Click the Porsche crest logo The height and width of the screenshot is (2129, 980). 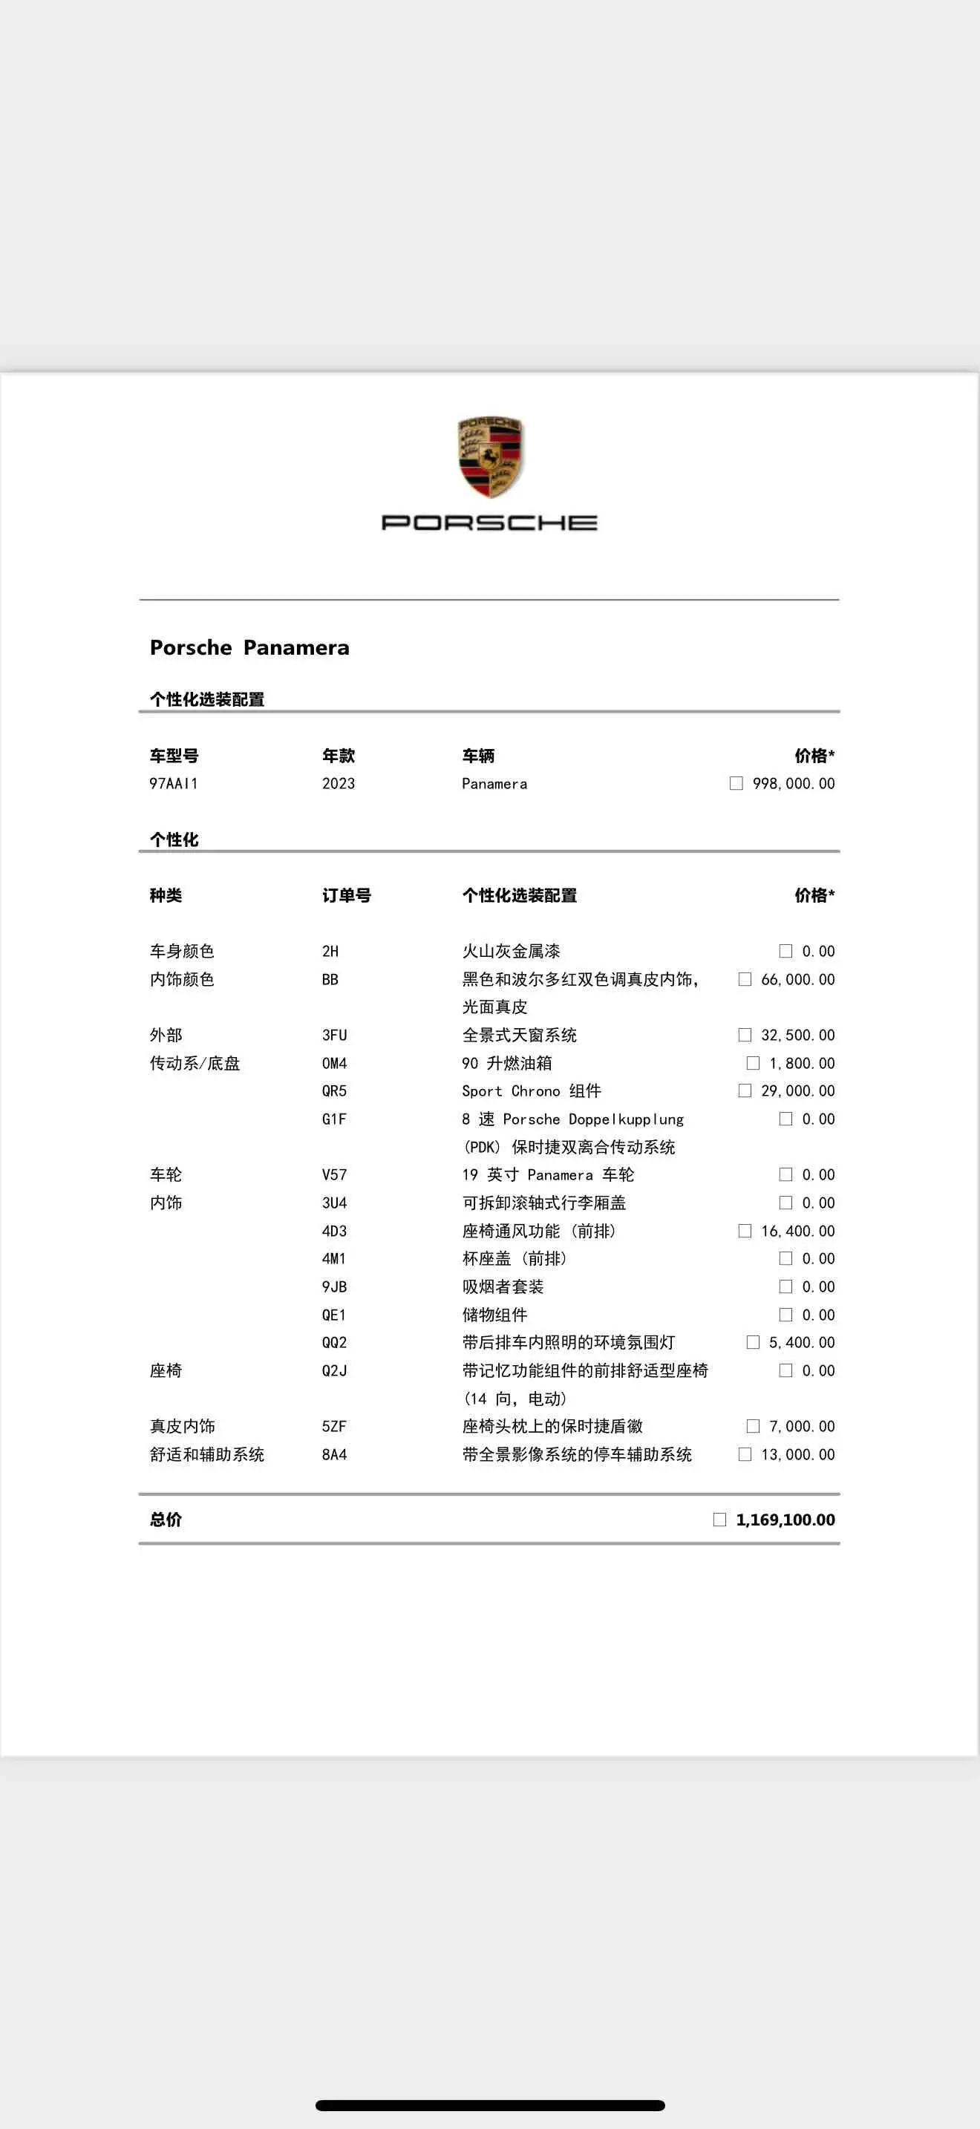tap(490, 457)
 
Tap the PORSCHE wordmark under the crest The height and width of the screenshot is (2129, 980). tap(489, 523)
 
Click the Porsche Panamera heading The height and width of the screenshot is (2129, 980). tap(249, 647)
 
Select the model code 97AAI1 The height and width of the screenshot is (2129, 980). tap(174, 783)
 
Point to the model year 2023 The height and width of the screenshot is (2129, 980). tap(338, 783)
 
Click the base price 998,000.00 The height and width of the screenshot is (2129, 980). tap(793, 783)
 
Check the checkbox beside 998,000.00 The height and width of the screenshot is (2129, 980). tap(736, 783)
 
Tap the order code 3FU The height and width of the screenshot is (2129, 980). tap(334, 1035)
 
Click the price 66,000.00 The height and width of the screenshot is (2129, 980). tap(797, 979)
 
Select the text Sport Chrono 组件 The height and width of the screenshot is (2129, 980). tap(532, 1091)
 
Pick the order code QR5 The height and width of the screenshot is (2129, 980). tap(334, 1091)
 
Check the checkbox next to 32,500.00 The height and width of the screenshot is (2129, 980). tap(745, 1035)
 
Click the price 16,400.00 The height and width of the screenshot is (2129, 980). tap(797, 1231)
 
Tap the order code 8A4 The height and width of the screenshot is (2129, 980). tap(334, 1455)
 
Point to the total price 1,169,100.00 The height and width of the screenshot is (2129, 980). tap(785, 1520)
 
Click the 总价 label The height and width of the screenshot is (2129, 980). tap(166, 1520)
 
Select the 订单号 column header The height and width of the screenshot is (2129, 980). tap(346, 895)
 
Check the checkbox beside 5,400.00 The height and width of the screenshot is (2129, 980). tap(753, 1342)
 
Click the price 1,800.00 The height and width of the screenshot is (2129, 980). tap(802, 1063)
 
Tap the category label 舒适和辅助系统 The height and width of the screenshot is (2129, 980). tap(206, 1455)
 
